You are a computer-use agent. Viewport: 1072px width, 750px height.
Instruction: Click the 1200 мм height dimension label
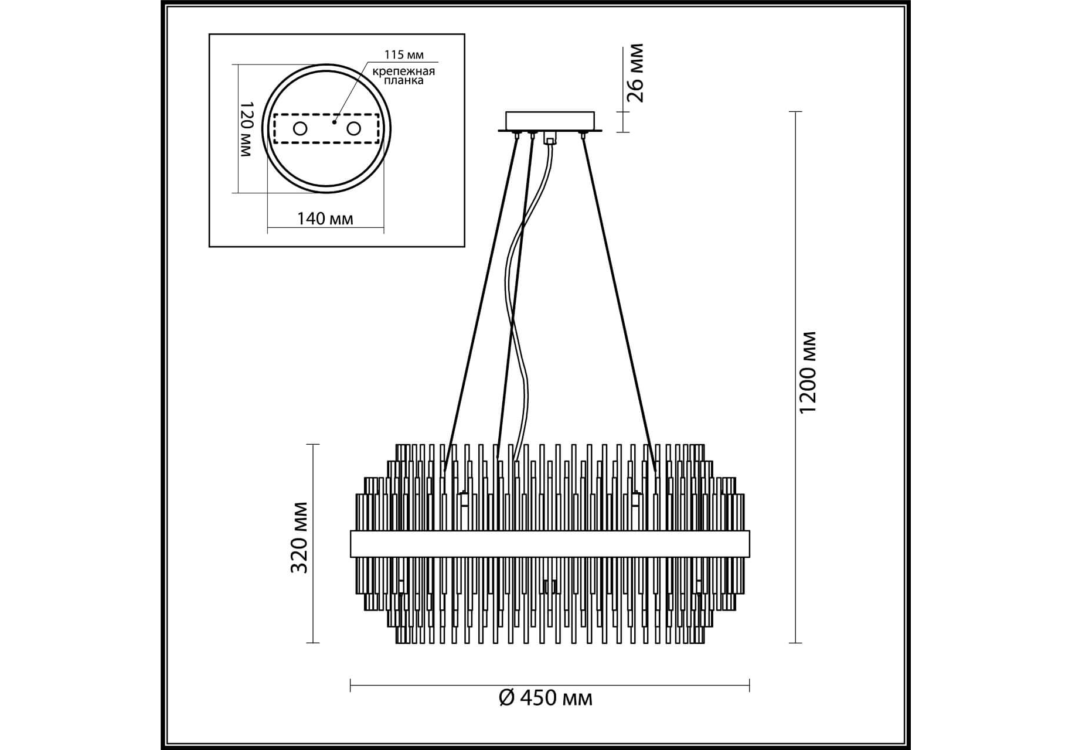(808, 372)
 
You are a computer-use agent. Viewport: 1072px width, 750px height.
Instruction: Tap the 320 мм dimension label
(300, 537)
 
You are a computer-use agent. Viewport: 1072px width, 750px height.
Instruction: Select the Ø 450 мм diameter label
(546, 698)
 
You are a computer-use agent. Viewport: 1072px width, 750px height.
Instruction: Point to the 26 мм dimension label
(635, 73)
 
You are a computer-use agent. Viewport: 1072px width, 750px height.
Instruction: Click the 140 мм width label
(325, 219)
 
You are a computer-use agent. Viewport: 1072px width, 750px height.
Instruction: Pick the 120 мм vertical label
(246, 129)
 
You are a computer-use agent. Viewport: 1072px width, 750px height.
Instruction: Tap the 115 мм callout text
(404, 55)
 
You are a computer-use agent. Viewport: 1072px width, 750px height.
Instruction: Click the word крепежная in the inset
(404, 71)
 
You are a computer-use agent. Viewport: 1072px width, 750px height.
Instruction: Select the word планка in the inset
(404, 81)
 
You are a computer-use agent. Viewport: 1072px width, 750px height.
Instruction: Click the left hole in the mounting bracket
(300, 129)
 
